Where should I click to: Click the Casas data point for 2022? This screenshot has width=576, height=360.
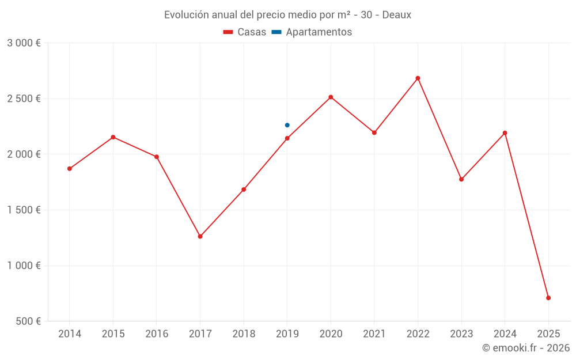pyautogui.click(x=418, y=78)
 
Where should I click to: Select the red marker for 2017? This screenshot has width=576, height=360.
pyautogui.click(x=200, y=236)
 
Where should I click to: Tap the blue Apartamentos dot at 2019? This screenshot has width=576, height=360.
pyautogui.click(x=287, y=125)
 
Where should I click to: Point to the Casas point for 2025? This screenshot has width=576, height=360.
pyautogui.click(x=548, y=298)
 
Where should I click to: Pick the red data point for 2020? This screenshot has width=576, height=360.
pyautogui.click(x=331, y=97)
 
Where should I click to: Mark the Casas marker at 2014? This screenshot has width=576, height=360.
pyautogui.click(x=70, y=169)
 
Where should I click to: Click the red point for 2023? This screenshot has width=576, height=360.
pyautogui.click(x=461, y=179)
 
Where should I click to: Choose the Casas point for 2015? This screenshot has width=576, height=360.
pyautogui.click(x=113, y=137)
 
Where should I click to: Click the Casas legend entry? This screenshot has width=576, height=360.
pyautogui.click(x=245, y=32)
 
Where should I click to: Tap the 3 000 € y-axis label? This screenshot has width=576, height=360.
pyautogui.click(x=24, y=43)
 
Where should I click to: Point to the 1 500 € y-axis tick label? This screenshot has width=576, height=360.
pyautogui.click(x=24, y=210)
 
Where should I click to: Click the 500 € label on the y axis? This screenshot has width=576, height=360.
pyautogui.click(x=27, y=321)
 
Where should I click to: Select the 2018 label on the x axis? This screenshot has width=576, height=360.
pyautogui.click(x=244, y=334)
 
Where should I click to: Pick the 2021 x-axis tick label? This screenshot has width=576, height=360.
pyautogui.click(x=374, y=334)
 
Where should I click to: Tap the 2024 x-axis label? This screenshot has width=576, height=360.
pyautogui.click(x=505, y=334)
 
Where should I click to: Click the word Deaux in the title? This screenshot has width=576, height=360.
pyautogui.click(x=397, y=15)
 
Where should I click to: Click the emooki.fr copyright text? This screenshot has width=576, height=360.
pyautogui.click(x=525, y=348)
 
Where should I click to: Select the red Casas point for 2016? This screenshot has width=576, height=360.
pyautogui.click(x=157, y=157)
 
